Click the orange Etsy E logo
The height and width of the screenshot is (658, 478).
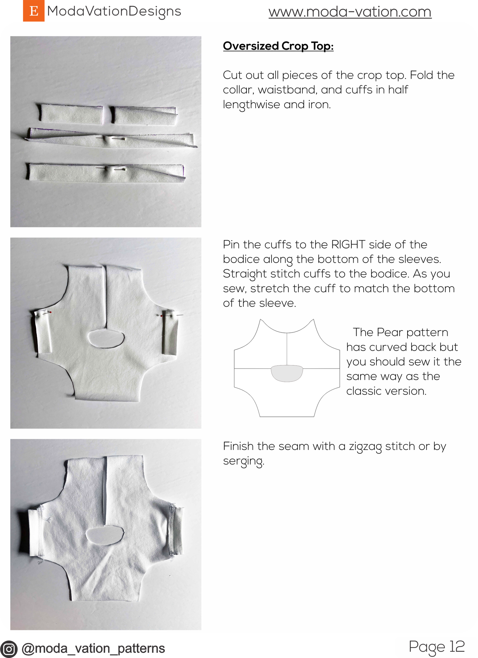(x=33, y=11)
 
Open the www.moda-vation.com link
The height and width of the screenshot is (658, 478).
(x=350, y=12)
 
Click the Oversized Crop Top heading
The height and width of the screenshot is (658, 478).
(x=278, y=46)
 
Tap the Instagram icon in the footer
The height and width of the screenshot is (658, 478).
(x=9, y=649)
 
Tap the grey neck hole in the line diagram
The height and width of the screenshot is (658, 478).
(x=286, y=373)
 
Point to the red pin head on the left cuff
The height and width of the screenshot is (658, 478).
(x=50, y=312)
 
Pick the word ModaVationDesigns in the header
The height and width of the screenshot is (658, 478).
(x=114, y=11)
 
